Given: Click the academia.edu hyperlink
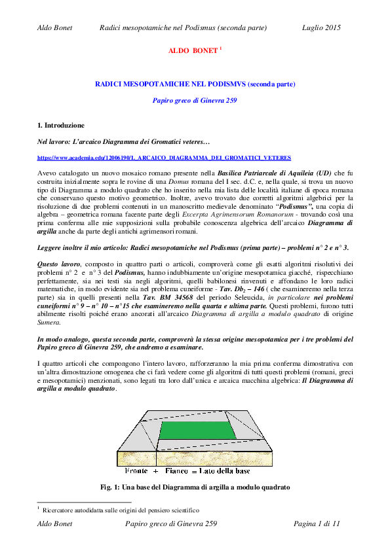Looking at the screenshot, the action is [164, 158].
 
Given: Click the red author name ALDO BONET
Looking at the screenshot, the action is [193, 50].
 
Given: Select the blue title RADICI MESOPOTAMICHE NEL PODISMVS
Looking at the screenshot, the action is [170, 84].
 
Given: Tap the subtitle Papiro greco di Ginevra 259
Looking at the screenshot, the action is [195, 101].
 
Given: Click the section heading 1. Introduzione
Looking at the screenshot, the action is [61, 126].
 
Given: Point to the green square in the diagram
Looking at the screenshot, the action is [197, 430].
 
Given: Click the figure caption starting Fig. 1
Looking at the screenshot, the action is [195, 488].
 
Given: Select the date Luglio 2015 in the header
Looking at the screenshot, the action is [321, 27].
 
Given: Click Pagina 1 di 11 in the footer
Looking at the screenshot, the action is [317, 524].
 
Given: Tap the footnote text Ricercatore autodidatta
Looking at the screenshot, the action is [121, 510].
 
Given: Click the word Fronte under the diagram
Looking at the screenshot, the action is [136, 471].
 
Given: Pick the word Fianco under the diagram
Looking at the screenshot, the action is [177, 471].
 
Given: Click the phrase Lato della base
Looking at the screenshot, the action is [224, 471].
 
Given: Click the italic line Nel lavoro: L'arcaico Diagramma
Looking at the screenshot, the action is [123, 142].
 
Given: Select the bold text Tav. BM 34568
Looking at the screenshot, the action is [168, 297].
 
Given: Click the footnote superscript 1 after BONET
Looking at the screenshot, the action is [221, 48].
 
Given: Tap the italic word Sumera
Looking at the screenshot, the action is [49, 322].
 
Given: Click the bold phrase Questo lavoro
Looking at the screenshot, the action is [59, 264].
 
